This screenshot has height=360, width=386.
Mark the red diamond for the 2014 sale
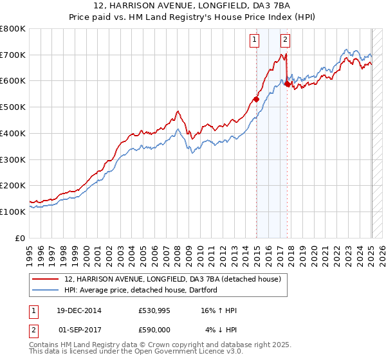click(256, 99)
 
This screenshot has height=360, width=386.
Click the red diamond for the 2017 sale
click(286, 84)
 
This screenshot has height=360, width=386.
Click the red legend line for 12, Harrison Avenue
click(46, 280)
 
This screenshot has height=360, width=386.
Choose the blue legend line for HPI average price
click(46, 290)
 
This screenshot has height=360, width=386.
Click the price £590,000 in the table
click(154, 329)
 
